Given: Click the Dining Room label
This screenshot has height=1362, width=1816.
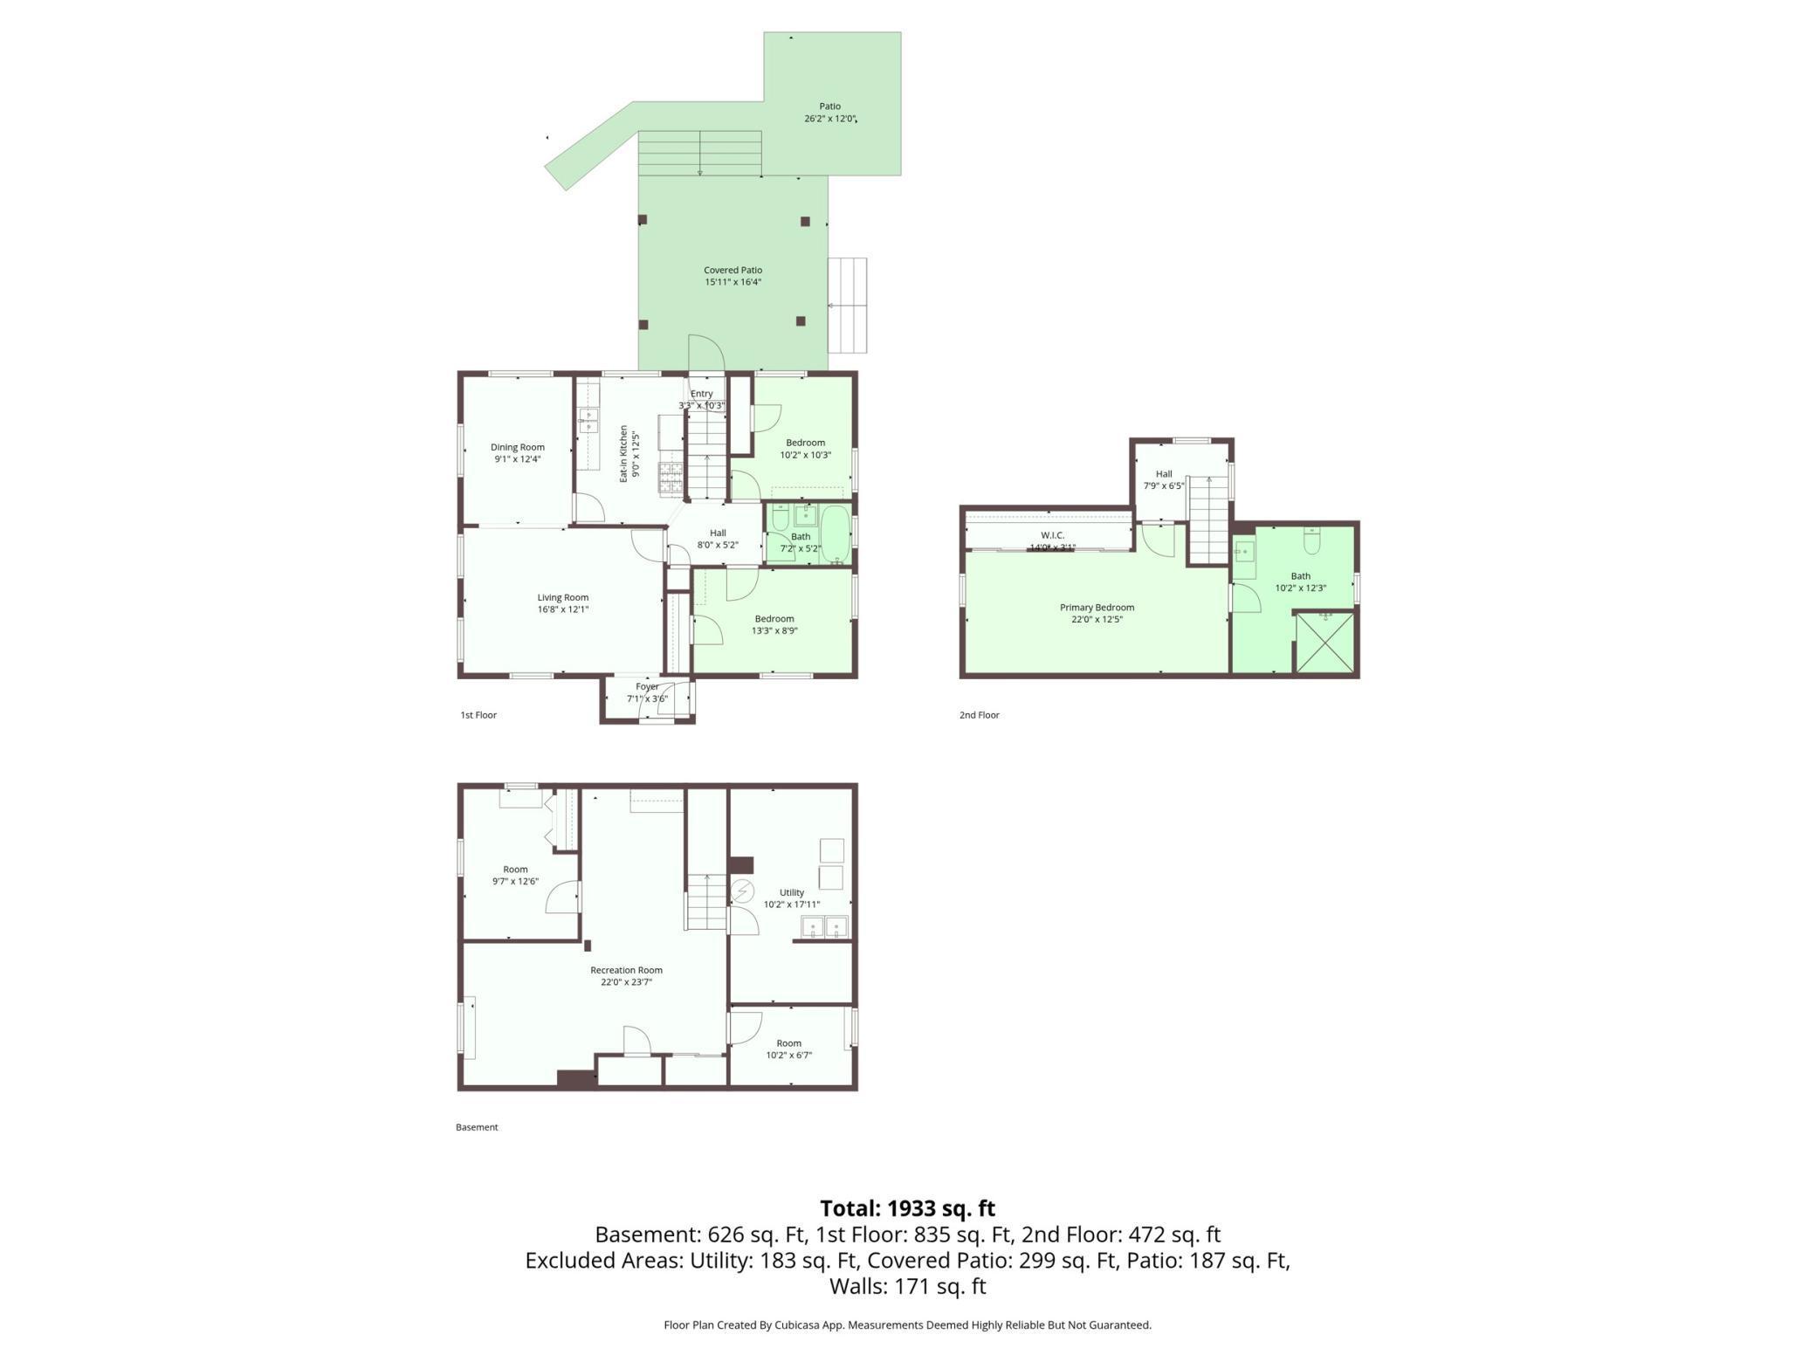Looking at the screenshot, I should click(517, 447).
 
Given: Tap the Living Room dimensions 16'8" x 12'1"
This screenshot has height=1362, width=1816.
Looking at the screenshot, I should click(562, 609).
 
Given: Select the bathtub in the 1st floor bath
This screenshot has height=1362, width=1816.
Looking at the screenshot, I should click(836, 534).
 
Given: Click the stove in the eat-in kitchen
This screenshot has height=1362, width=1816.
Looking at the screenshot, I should click(671, 478).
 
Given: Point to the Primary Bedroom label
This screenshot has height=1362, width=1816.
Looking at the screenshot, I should click(1097, 608).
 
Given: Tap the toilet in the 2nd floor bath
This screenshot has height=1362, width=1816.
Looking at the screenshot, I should click(1311, 541).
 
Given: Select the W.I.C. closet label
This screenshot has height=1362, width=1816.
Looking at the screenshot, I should click(1052, 535).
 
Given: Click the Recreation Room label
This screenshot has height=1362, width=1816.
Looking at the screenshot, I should click(626, 970).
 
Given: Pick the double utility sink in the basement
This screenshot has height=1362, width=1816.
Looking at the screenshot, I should click(824, 926).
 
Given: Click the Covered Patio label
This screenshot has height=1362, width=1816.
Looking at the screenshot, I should click(733, 271).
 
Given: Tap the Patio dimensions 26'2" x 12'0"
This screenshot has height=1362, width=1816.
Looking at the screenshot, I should click(829, 119).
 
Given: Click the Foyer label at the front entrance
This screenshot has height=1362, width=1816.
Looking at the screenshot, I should click(647, 687).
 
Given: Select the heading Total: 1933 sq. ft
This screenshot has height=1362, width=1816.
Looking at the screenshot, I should click(907, 1208).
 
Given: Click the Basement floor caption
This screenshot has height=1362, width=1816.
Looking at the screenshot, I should click(477, 1127).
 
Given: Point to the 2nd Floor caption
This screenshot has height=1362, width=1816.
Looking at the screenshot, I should click(979, 715).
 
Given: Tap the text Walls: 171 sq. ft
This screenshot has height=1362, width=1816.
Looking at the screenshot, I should click(907, 1286).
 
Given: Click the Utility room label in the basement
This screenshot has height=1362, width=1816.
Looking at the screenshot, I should click(791, 892).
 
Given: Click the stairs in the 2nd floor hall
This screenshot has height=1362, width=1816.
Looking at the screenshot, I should click(1209, 521).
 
